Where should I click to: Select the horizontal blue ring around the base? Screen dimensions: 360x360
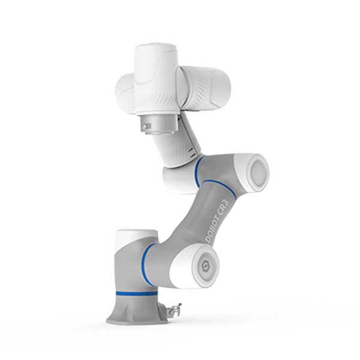pos(137,293)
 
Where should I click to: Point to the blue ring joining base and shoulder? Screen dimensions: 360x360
pos(145,264)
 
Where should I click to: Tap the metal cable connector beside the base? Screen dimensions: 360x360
pos(173,310)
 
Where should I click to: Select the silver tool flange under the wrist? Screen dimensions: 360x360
pos(158,125)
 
